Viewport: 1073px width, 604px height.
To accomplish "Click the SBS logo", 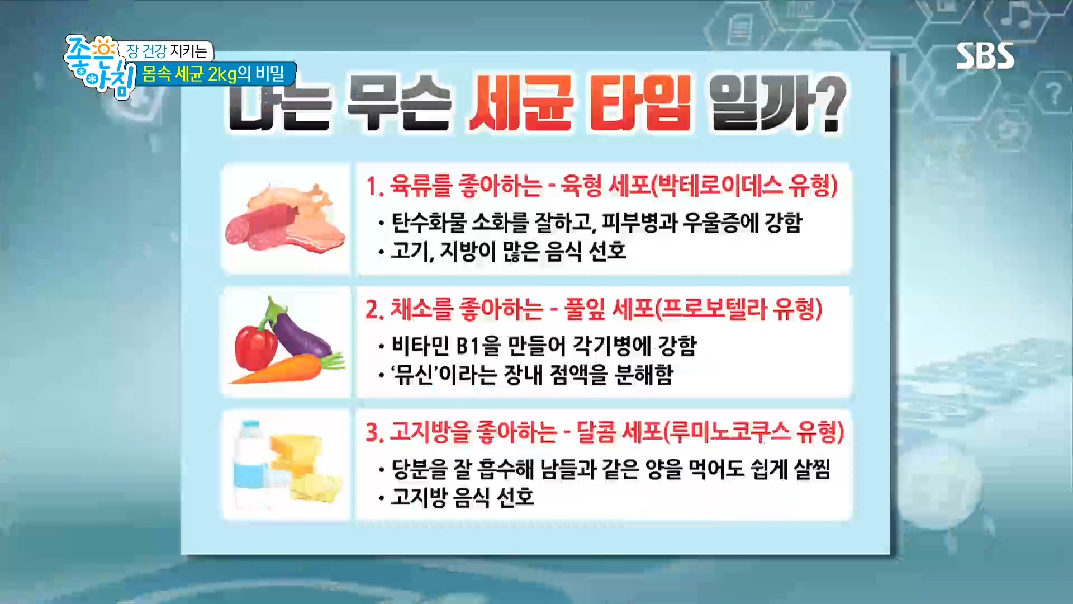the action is tap(985, 56).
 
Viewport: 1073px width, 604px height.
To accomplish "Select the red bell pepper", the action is tap(256, 347).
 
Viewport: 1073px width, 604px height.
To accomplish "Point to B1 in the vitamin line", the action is tap(468, 347).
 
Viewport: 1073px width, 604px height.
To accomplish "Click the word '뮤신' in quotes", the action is tap(413, 374).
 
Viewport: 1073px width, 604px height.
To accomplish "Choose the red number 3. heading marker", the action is tap(374, 433).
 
